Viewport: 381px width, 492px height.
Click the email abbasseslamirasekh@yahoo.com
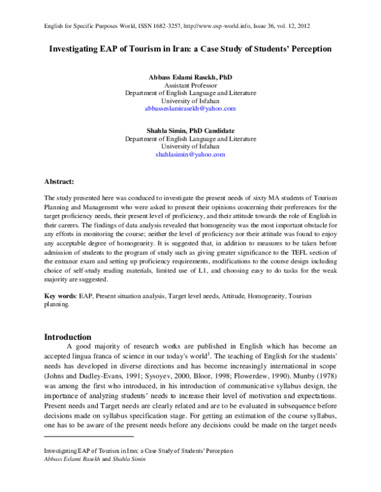click(x=190, y=109)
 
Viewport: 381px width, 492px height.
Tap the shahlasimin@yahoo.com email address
click(x=190, y=154)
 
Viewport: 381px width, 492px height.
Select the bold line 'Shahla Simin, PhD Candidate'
click(x=190, y=129)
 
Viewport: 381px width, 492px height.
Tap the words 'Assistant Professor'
click(x=190, y=85)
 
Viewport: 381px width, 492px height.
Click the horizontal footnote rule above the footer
click(x=88, y=418)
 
